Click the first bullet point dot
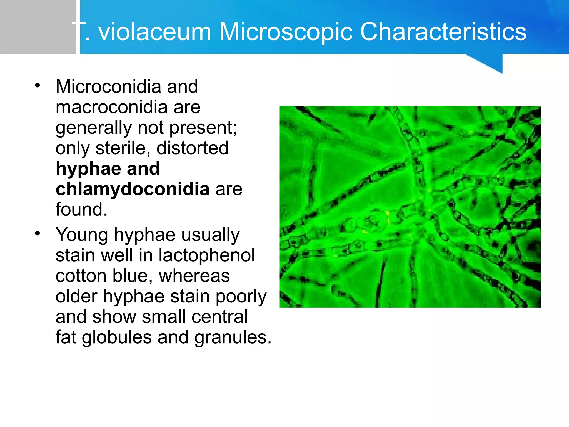coord(38,85)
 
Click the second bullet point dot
coord(38,234)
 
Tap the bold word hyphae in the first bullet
coord(88,168)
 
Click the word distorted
coord(192,148)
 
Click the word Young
coord(81,235)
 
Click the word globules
coord(117,337)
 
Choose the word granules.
coord(232,337)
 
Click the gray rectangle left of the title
coord(38,27)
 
